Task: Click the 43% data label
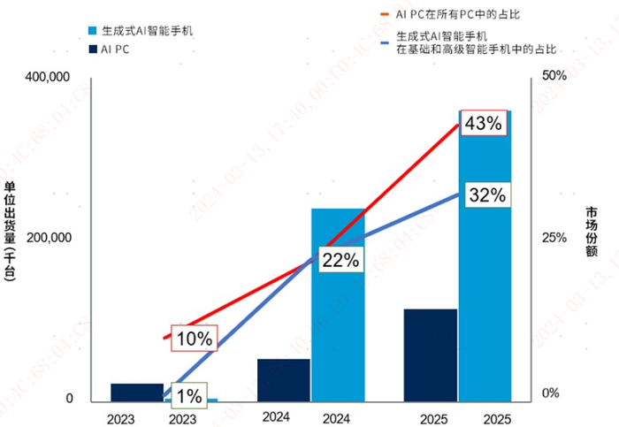[x=483, y=125]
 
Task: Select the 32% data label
[x=487, y=196]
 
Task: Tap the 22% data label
[x=340, y=260]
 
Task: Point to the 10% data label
[x=194, y=338]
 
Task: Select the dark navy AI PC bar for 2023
[x=138, y=393]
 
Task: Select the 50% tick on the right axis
[x=554, y=78]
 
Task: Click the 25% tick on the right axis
[x=554, y=239]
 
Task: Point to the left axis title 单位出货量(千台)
[x=11, y=232]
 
